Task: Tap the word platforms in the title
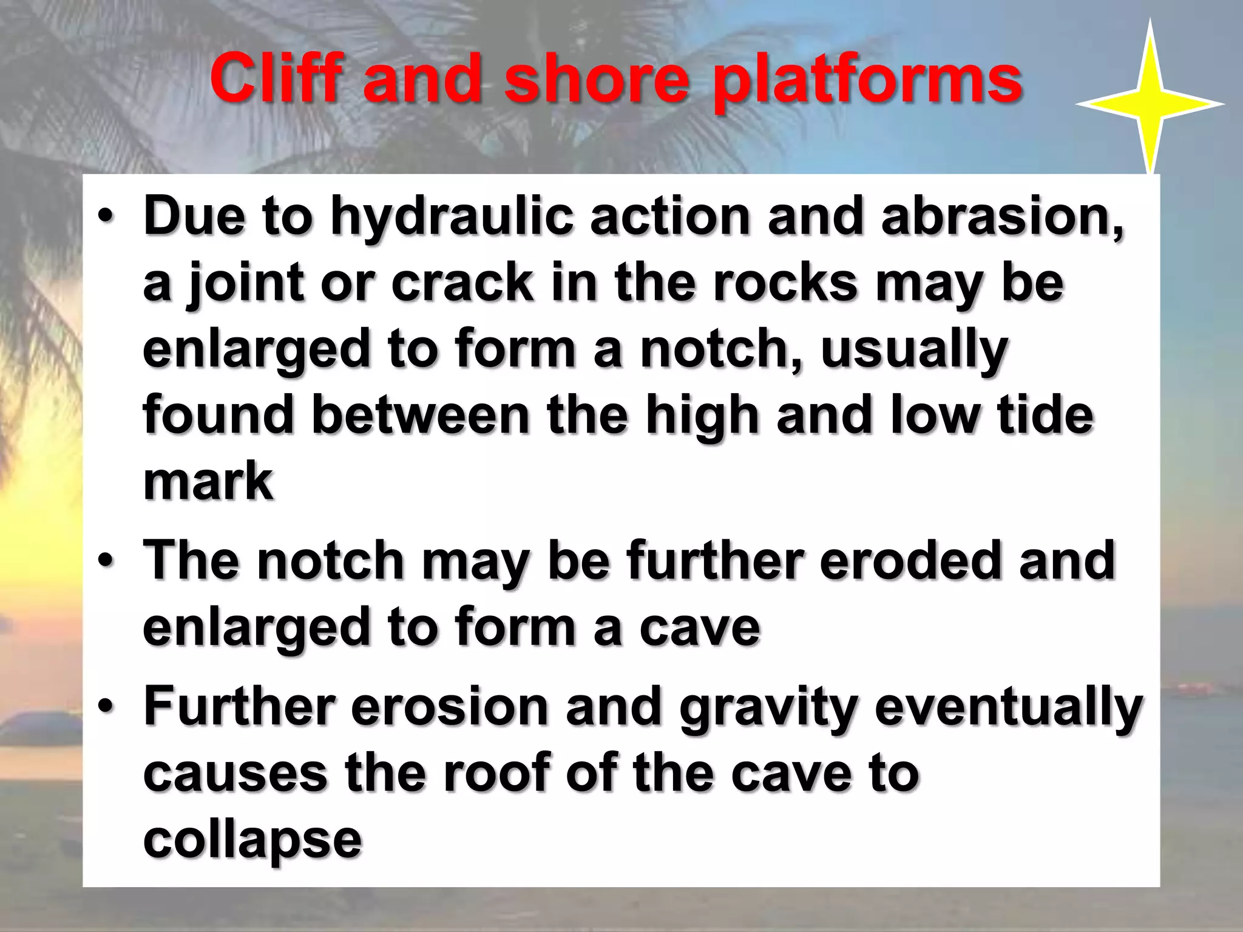click(868, 82)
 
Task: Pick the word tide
click(1045, 416)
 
